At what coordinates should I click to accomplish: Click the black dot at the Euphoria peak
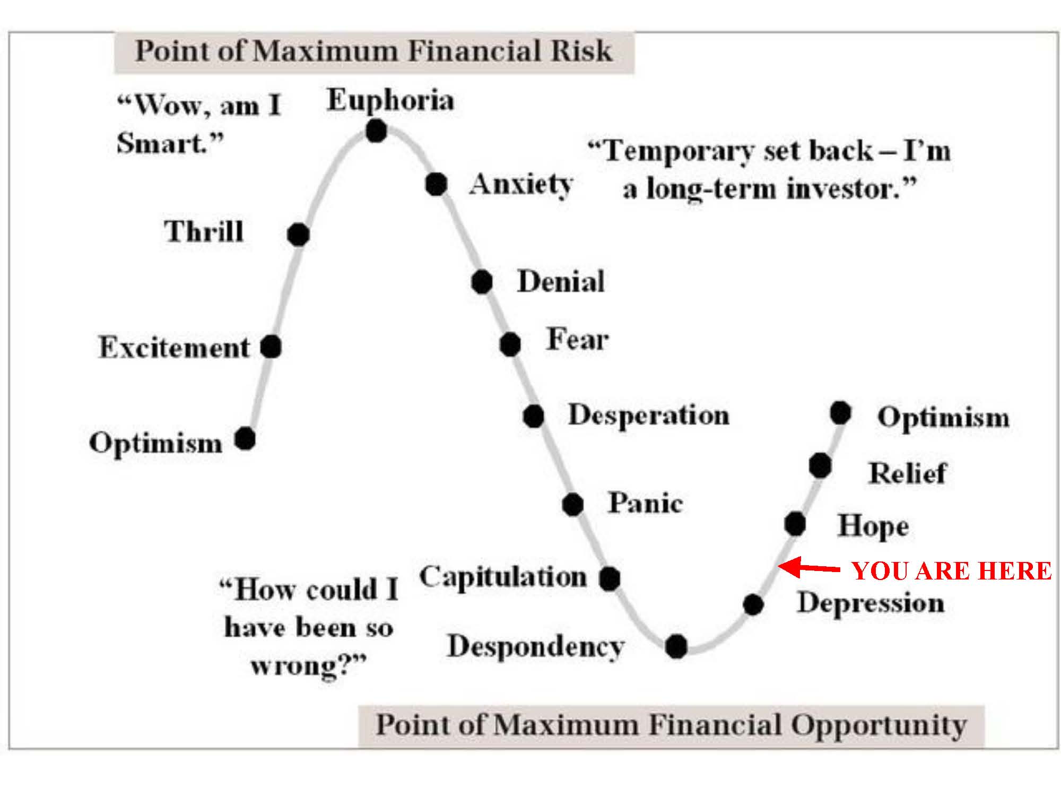[x=376, y=131]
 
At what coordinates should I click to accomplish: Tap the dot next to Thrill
[x=298, y=234]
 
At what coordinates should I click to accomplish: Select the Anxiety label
[x=521, y=185]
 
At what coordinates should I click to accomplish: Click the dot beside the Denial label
[x=482, y=282]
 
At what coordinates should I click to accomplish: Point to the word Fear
[x=577, y=340]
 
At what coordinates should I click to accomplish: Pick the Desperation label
[x=648, y=415]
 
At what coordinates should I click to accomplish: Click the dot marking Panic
[x=573, y=504]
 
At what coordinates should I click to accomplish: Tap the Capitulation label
[x=503, y=577]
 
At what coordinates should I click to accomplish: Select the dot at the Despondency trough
[x=676, y=646]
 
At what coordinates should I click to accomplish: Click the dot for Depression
[x=753, y=604]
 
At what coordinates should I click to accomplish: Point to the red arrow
[x=809, y=568]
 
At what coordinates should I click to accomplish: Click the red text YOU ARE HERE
[x=951, y=571]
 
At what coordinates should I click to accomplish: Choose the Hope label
[x=873, y=526]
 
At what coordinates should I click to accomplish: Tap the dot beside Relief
[x=820, y=466]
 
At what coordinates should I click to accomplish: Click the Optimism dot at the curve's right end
[x=840, y=412]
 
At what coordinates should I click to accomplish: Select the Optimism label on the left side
[x=155, y=443]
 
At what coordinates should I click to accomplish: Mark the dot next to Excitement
[x=271, y=347]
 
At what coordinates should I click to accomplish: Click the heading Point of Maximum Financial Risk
[x=374, y=51]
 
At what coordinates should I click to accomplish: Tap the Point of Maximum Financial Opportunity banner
[x=671, y=725]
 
